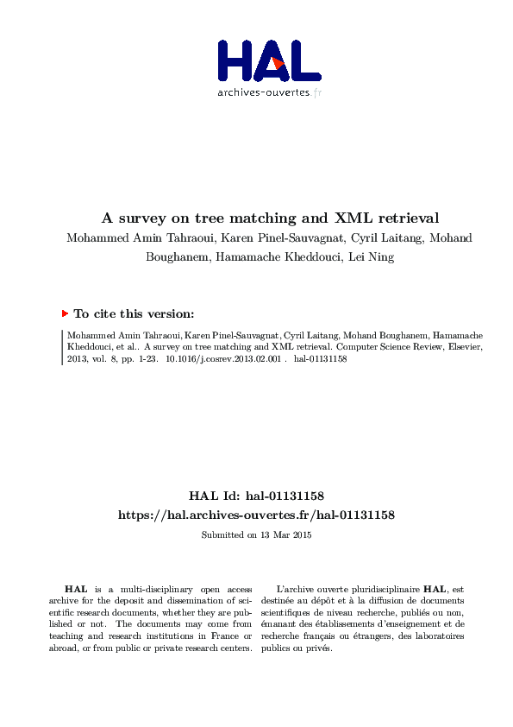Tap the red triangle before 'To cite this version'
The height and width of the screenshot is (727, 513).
(x=65, y=314)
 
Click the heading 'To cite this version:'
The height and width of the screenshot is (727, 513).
(x=134, y=314)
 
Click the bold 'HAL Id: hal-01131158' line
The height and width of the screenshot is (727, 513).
(x=256, y=496)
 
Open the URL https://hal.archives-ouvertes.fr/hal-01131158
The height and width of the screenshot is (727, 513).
(x=256, y=515)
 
